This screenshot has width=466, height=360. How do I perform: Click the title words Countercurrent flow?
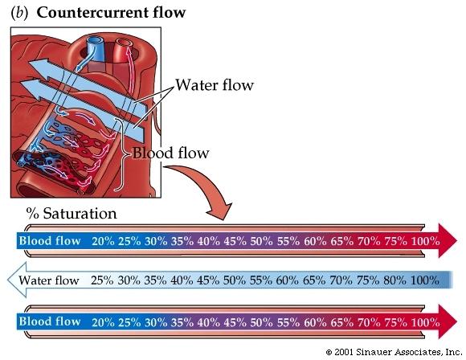pyautogui.click(x=111, y=13)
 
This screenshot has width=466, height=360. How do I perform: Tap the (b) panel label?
pyautogui.click(x=19, y=14)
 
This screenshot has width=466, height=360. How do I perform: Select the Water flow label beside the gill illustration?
pyautogui.click(x=215, y=85)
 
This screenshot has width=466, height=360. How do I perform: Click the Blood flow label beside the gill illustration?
pyautogui.click(x=170, y=153)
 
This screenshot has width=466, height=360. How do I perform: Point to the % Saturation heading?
pyautogui.click(x=72, y=214)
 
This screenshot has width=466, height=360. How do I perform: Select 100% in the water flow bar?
pyautogui.click(x=425, y=280)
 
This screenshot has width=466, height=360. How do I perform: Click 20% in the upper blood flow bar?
pyautogui.click(x=103, y=241)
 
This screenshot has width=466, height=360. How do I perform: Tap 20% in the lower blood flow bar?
pyautogui.click(x=103, y=322)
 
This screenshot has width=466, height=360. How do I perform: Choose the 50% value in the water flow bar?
pyautogui.click(x=235, y=280)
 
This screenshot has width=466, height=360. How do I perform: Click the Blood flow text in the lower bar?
pyautogui.click(x=50, y=321)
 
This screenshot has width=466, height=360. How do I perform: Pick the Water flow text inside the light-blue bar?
pyautogui.click(x=49, y=280)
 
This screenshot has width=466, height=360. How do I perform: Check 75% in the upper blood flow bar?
pyautogui.click(x=395, y=241)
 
